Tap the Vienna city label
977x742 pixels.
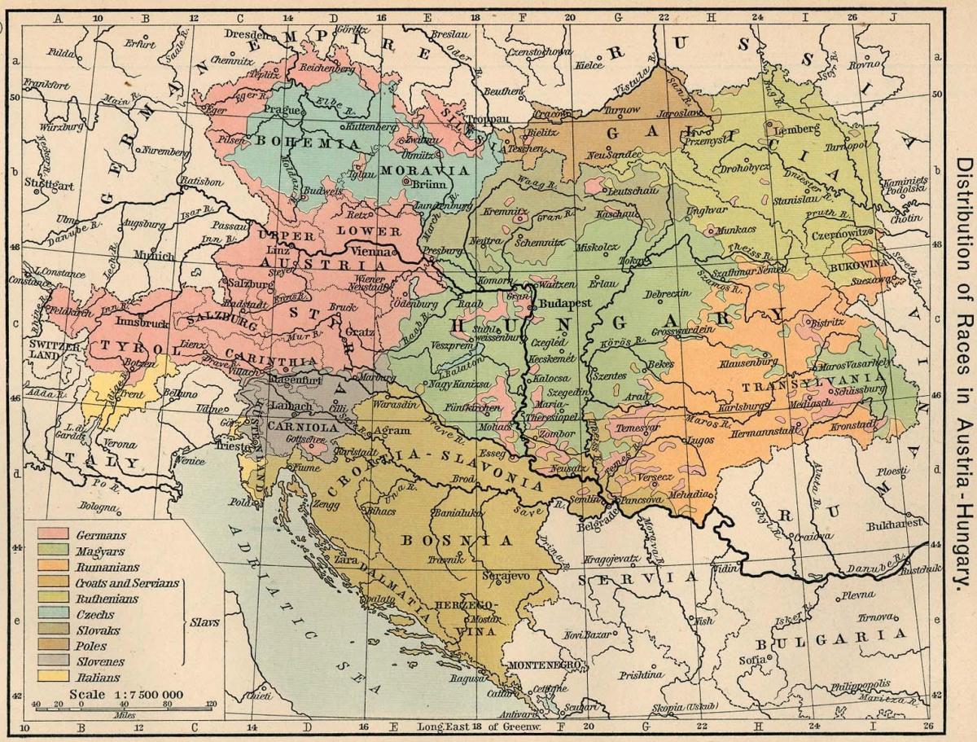coord(373,252)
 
